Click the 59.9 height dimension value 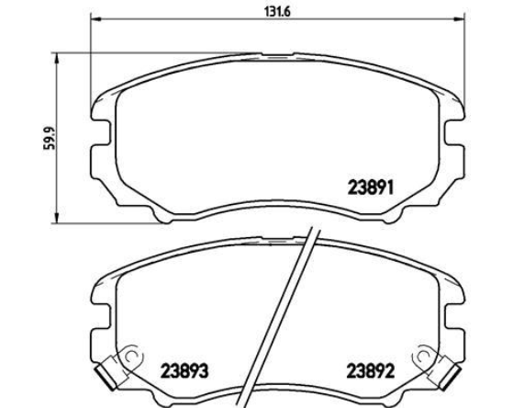[x=50, y=138]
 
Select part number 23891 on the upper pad [x=371, y=188]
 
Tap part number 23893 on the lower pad [x=184, y=371]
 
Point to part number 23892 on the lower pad [x=371, y=371]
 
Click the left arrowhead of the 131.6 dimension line [x=95, y=19]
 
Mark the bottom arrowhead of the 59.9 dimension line [x=57, y=218]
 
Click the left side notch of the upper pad [x=102, y=132]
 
